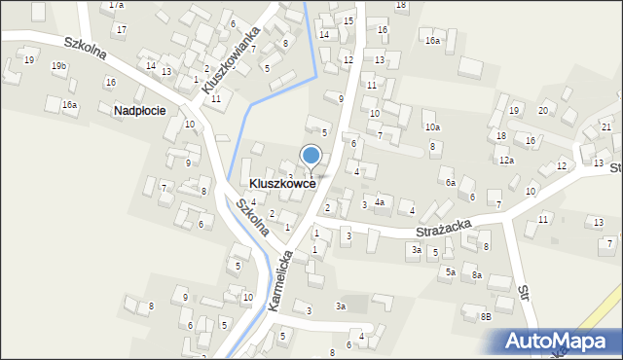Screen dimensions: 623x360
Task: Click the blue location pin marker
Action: [311, 156]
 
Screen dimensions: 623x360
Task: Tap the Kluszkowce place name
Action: [282, 183]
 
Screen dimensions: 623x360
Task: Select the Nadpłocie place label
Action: [139, 111]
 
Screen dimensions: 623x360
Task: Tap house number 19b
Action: [59, 66]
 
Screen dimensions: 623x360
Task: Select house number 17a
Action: [116, 5]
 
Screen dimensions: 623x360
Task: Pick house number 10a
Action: [432, 127]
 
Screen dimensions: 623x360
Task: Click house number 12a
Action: [506, 161]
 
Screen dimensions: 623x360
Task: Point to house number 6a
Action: [450, 182]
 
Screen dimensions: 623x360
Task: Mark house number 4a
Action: [381, 202]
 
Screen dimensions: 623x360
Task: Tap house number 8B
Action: [486, 316]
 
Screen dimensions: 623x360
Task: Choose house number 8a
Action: [477, 275]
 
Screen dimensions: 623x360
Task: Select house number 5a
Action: [451, 272]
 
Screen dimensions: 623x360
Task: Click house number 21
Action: [606, 127]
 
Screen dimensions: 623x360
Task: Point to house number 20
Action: [542, 110]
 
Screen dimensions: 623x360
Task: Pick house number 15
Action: [348, 20]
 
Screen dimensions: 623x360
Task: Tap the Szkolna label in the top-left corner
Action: [86, 50]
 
